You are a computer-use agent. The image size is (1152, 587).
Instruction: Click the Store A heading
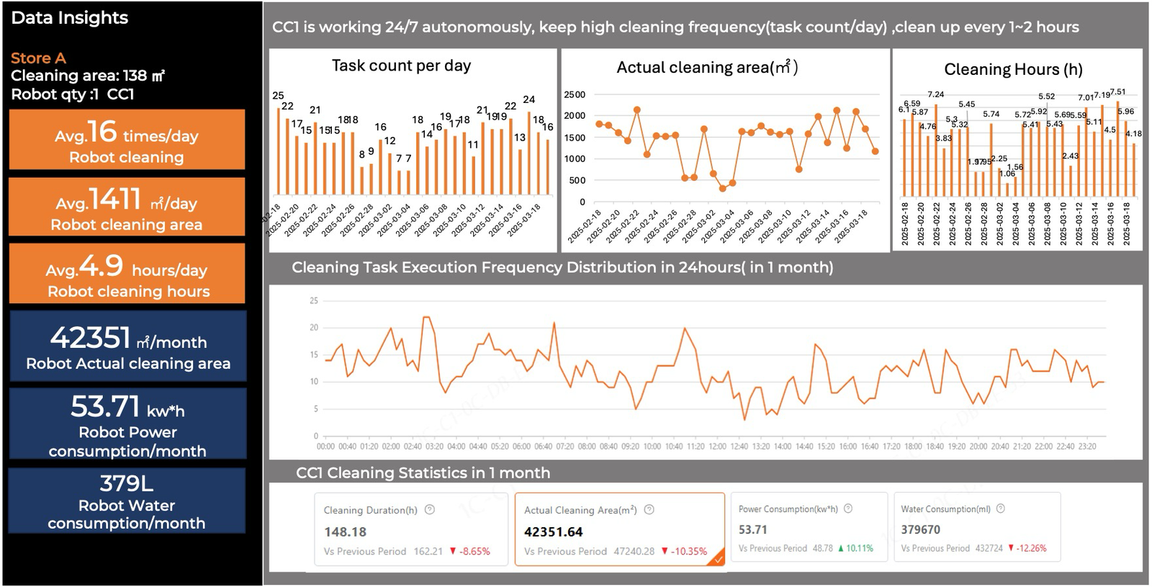[x=38, y=58]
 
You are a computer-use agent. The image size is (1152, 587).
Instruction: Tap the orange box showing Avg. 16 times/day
[x=127, y=139]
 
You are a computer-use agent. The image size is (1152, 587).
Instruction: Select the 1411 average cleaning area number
[x=114, y=199]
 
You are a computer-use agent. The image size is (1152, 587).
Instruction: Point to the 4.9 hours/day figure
[x=102, y=266]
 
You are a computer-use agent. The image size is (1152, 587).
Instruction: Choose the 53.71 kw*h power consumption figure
[x=105, y=407]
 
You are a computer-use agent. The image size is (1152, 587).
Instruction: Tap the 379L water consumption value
[x=126, y=483]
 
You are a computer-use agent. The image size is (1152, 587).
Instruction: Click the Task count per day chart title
[x=401, y=66]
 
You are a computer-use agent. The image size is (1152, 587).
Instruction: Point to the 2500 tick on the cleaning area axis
[x=575, y=94]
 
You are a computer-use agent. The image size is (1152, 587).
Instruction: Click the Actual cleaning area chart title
[x=707, y=68]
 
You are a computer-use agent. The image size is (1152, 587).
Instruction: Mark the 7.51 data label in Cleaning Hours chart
[x=1117, y=92]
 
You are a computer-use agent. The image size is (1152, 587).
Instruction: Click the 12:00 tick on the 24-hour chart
[x=717, y=447]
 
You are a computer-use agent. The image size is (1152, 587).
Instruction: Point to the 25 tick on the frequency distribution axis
[x=314, y=300]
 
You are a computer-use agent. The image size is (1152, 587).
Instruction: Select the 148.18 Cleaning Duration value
[x=345, y=532]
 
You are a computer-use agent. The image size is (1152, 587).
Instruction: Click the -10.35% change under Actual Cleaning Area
[x=689, y=551]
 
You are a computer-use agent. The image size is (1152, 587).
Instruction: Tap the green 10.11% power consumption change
[x=859, y=548]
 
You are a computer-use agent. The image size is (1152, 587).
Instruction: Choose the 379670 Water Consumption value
[x=920, y=529]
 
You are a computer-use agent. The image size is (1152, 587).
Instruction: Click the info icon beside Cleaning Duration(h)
[x=430, y=509]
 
